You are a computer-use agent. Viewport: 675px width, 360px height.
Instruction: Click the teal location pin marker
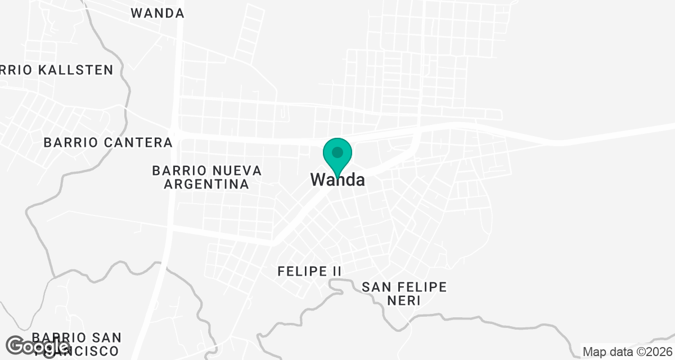click(337, 155)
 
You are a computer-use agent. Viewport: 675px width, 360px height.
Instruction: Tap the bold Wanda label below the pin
click(337, 180)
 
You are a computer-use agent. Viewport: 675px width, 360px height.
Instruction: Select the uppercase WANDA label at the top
click(157, 13)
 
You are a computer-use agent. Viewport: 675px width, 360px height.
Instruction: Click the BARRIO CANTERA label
click(108, 142)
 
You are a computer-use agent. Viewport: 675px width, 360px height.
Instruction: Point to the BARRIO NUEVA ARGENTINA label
click(208, 177)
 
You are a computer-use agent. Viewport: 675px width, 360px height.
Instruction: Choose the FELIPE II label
click(309, 271)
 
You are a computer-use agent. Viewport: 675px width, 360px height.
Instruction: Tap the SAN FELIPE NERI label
click(404, 294)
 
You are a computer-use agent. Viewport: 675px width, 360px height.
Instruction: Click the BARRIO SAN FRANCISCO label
click(76, 344)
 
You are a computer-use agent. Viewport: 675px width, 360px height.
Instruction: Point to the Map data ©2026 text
click(627, 352)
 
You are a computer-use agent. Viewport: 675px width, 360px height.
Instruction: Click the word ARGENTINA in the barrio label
click(208, 184)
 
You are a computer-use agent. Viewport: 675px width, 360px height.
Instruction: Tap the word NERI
click(404, 300)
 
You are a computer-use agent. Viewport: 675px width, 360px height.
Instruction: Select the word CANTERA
click(139, 142)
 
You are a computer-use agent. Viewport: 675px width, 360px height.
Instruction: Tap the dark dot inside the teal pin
click(337, 152)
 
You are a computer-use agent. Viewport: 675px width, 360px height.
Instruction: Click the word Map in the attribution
click(594, 352)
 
